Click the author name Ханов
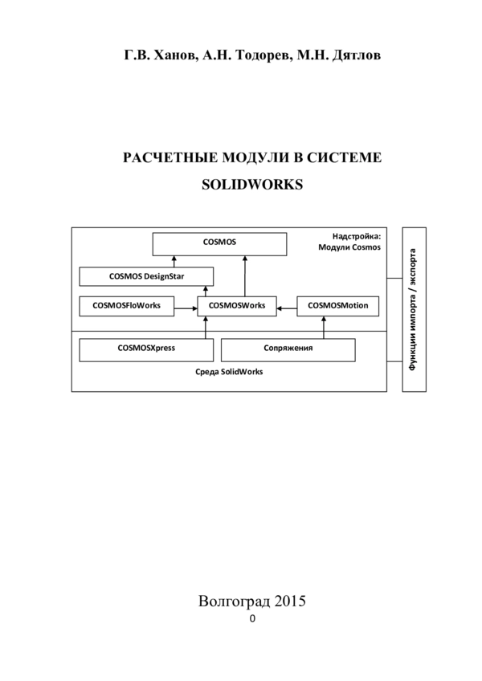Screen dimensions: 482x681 click(177, 55)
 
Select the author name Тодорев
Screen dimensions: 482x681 click(264, 55)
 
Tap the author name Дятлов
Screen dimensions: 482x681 click(357, 55)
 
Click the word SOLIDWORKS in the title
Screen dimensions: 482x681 click(252, 185)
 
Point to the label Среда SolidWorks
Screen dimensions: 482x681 click(229, 372)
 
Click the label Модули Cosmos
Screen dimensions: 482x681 click(349, 247)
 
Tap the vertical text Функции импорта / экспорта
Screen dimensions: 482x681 click(414, 309)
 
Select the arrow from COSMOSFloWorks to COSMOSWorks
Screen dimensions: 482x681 click(186, 308)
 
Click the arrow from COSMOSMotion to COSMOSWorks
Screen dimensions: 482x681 click(287, 308)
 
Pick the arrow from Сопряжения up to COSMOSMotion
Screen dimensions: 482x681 click(324, 328)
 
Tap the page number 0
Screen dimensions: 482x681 click(252, 619)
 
